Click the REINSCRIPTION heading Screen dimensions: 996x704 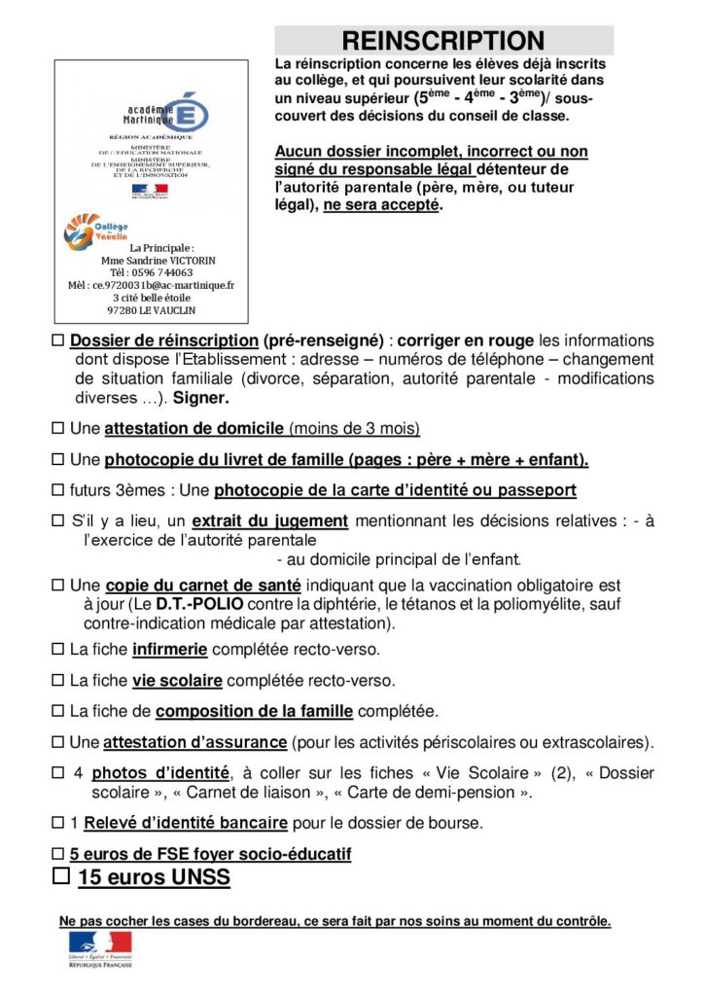coord(443,41)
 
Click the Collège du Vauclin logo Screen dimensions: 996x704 coord(95,231)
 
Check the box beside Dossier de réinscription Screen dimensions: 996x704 coord(58,341)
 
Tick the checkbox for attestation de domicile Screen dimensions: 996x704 coord(58,429)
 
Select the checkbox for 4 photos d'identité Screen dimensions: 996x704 coord(58,773)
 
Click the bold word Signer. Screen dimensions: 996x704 coord(201,398)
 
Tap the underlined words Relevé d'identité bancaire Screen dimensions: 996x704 coord(185,823)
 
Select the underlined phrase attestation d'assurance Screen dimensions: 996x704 coord(194,742)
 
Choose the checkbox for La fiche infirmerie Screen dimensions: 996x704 coord(58,649)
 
